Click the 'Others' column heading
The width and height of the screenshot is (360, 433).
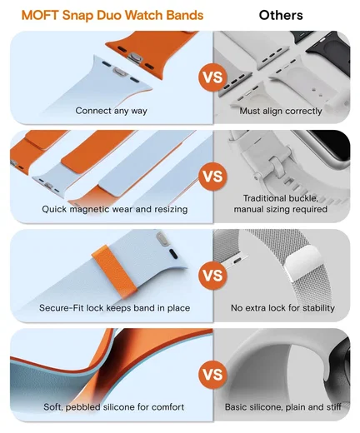pos(281,15)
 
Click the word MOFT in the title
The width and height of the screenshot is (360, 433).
pos(40,15)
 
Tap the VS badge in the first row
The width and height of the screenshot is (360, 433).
pos(212,77)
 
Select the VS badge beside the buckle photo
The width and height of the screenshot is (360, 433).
pos(212,177)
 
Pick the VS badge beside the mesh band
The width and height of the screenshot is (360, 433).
pos(212,276)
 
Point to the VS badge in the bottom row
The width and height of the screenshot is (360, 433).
pos(212,375)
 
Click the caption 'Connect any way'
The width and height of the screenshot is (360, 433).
pos(111,111)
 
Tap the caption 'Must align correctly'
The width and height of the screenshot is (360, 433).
pos(281,111)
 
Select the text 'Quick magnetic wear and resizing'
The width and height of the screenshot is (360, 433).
pos(115,209)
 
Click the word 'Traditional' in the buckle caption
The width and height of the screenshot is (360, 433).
pos(265,198)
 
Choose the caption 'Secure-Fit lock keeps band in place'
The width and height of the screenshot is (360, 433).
pos(114,308)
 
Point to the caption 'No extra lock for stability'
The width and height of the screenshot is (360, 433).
pos(282,308)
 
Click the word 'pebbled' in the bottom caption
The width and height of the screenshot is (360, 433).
pos(83,407)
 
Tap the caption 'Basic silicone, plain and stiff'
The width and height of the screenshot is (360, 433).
pos(282,407)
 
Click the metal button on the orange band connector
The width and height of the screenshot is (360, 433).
pos(135,57)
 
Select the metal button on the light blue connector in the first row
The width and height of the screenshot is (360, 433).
pos(119,72)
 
